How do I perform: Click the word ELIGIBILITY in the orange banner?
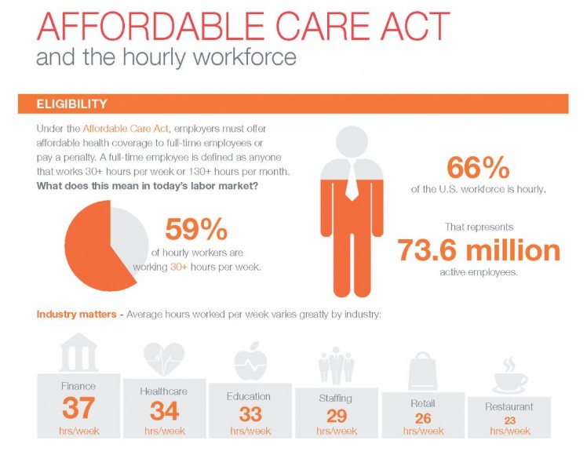pos(71,104)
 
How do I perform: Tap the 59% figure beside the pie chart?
pos(195,231)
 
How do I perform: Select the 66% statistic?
pos(478,168)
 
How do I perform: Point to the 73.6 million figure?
pos(479,251)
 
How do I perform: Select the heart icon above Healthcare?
pos(163,360)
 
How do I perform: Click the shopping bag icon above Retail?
pos(421,371)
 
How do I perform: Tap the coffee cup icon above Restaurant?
pos(509,377)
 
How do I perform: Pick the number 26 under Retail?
pos(422,418)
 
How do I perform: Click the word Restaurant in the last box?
pos(509,407)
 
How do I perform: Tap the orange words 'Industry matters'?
pos(73,315)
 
